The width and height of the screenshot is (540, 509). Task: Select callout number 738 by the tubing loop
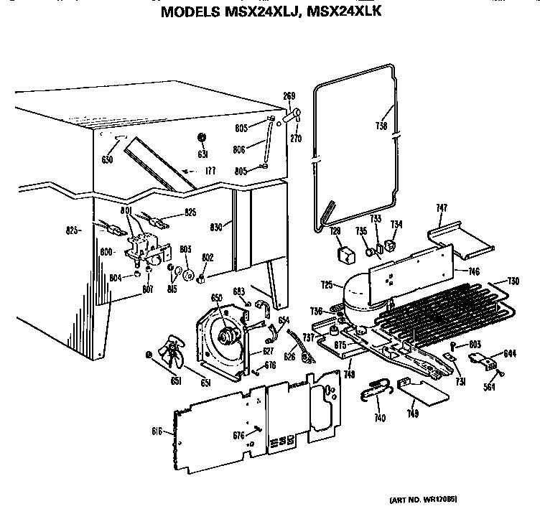coord(381,126)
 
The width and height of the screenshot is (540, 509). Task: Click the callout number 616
coord(159,431)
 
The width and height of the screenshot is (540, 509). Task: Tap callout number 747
coord(442,209)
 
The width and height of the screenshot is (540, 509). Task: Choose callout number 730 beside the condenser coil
coord(513,281)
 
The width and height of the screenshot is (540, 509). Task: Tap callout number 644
coord(509,352)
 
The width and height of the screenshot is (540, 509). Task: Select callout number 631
coord(202,155)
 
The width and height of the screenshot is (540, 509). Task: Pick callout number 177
coord(210,171)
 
